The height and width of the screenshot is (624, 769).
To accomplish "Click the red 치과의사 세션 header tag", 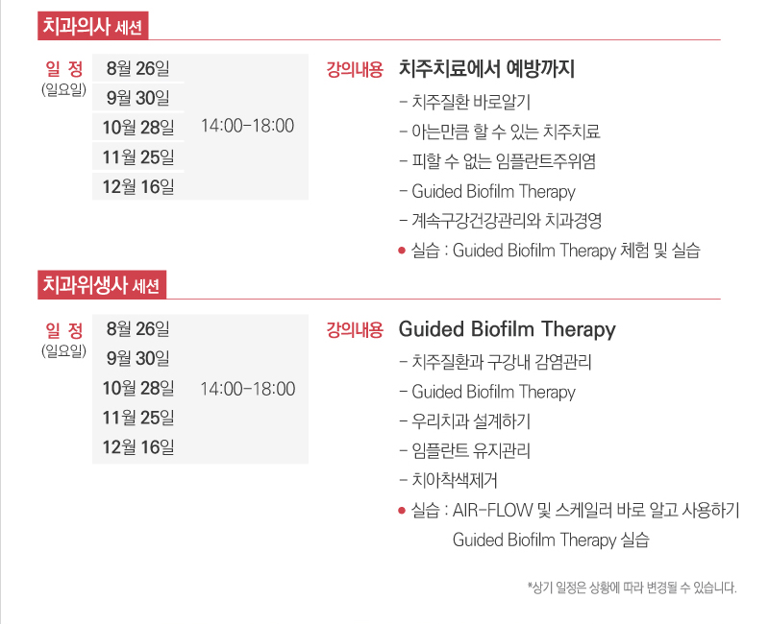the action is coord(92,26).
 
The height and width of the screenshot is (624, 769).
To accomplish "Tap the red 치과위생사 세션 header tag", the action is coord(102,284).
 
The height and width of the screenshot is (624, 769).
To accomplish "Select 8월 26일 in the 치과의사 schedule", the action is coord(137,68).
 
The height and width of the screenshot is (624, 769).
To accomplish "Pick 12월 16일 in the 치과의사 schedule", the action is coord(138,186).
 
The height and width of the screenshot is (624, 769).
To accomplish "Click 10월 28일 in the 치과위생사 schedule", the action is coord(138,388).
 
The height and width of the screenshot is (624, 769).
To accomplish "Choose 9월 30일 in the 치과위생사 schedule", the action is coord(137,358).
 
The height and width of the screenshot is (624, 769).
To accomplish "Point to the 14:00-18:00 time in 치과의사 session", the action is coord(248,126).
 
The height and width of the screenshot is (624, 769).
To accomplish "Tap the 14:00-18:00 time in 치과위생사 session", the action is coord(248,389).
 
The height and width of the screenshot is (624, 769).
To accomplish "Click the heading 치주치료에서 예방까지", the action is coord(486,68).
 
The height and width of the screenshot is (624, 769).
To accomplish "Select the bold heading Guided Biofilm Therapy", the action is coord(508,329).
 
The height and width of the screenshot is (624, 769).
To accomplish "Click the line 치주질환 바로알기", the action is coord(471,102).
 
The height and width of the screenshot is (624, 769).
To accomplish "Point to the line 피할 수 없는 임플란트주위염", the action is coord(504,161).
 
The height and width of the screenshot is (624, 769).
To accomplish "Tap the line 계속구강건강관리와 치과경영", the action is coord(507,221).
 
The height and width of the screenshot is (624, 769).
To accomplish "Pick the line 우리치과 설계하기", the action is coord(471,421).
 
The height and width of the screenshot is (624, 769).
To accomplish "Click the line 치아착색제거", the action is coord(454,480).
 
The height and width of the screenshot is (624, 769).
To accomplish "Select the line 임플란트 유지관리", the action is coord(471,450).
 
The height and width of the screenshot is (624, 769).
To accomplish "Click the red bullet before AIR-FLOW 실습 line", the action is coord(402,511).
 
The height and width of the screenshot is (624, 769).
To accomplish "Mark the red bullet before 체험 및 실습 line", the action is coord(402,251).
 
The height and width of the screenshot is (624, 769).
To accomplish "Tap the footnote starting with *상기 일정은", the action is coord(633,588).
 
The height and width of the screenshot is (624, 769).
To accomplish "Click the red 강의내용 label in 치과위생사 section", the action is coord(355,329).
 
